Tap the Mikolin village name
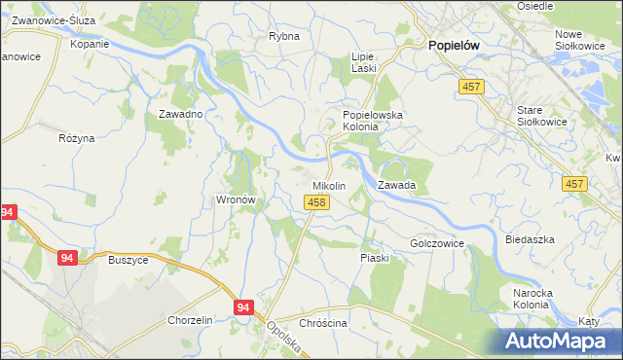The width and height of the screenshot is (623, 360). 328,185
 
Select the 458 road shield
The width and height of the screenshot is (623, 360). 314,201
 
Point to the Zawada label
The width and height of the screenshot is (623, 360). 397,185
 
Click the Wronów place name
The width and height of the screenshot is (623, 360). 235,199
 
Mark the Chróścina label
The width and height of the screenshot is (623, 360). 323,323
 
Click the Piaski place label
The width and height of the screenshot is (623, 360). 375,258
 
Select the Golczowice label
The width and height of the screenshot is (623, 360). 436,242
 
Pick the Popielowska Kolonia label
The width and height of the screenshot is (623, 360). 380,121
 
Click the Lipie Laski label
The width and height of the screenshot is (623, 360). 363,63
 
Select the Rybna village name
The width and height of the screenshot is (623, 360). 284,36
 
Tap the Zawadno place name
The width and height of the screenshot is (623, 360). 180,114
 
